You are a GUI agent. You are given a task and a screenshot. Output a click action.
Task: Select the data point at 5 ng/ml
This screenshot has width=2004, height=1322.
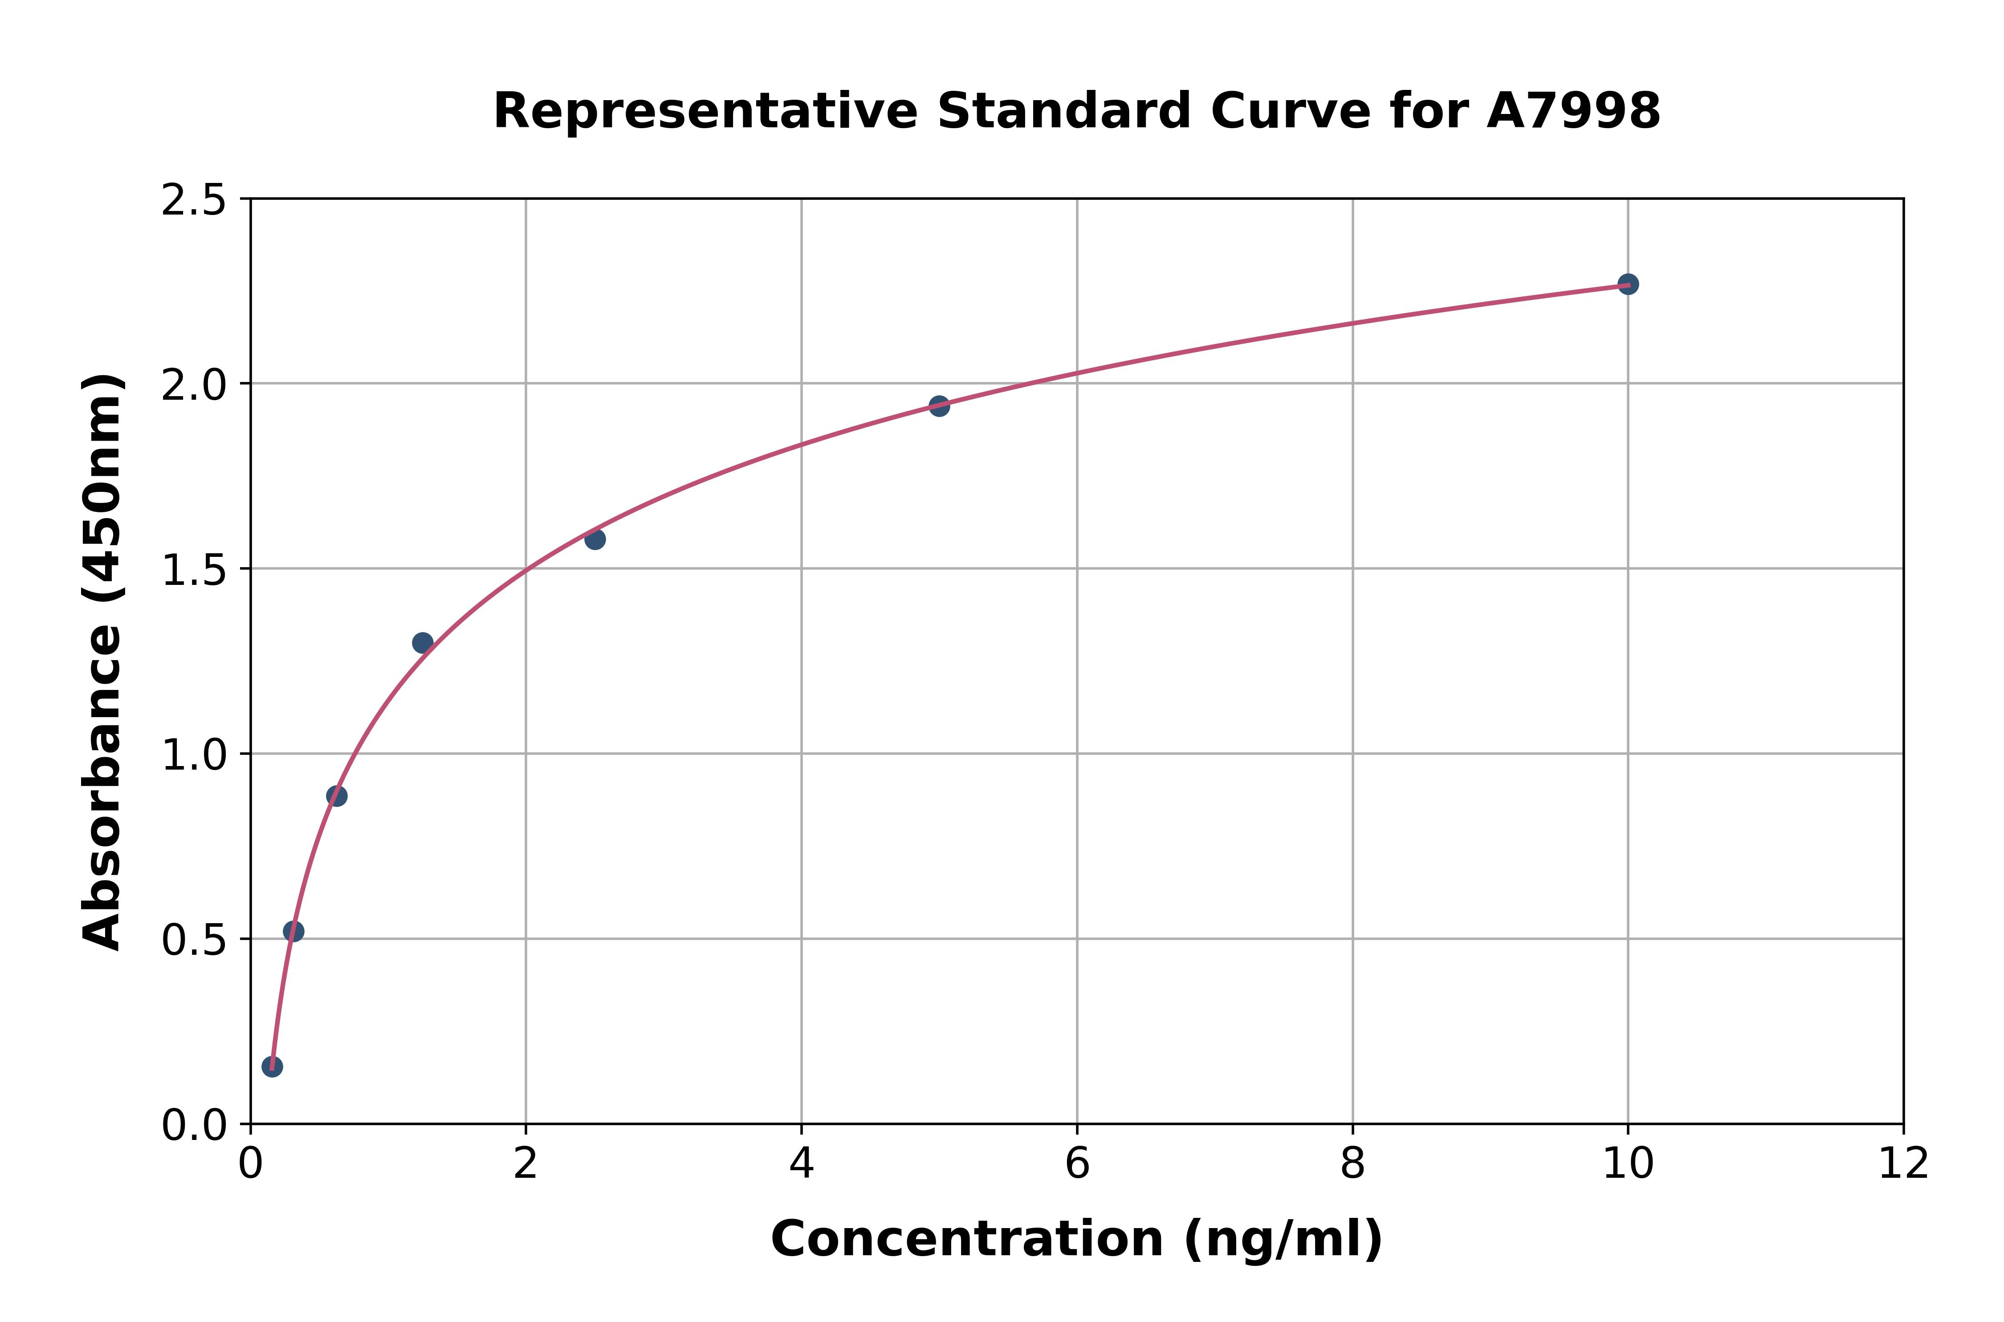tap(939, 406)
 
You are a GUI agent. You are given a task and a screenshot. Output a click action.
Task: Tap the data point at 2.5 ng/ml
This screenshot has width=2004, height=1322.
tap(595, 539)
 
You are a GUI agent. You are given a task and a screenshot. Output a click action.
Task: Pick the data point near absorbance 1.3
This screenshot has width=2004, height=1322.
tap(423, 642)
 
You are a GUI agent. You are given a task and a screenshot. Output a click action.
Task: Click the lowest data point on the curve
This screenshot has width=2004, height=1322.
tap(272, 1067)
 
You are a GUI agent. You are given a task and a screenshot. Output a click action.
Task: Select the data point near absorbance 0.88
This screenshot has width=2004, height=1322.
tap(337, 796)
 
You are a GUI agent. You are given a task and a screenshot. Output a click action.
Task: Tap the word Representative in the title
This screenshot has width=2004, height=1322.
tap(705, 111)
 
